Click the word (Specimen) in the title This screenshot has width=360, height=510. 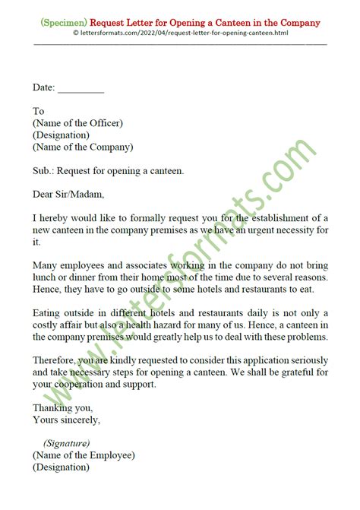(62, 23)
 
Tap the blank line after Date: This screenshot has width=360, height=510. (81, 88)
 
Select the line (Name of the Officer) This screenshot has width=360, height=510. (77, 123)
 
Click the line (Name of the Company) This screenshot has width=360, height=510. (82, 147)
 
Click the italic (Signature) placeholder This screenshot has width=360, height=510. (67, 443)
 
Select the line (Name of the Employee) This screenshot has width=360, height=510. (84, 455)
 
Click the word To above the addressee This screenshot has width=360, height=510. (39, 111)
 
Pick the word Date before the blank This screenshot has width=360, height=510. (43, 88)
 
